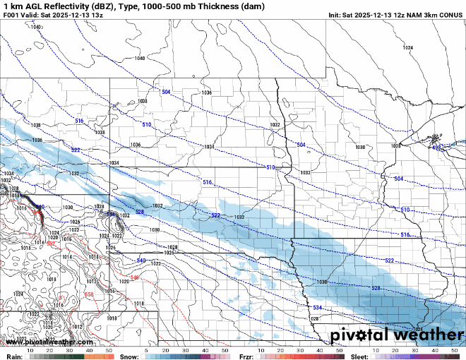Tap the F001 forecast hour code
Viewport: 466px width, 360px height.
[x=11, y=15]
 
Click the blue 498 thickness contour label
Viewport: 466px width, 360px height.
[x=436, y=148]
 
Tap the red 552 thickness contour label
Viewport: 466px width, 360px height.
[x=50, y=244]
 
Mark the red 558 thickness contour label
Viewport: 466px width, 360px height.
[x=88, y=294]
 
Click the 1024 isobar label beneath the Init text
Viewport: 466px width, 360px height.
[x=407, y=47]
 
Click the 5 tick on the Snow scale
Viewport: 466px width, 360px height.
[x=146, y=350]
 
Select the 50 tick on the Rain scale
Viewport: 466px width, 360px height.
[x=109, y=350]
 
